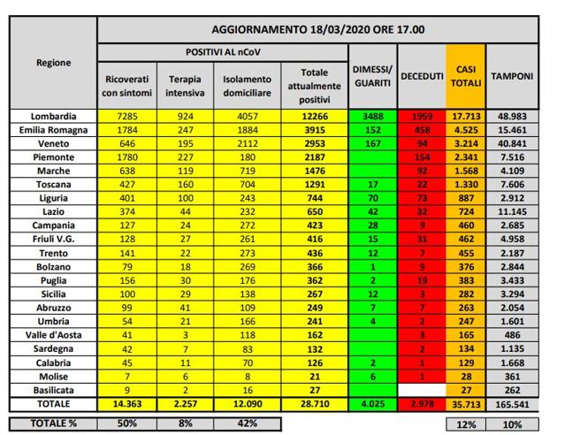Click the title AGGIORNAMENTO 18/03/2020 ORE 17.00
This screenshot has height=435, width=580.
(317, 29)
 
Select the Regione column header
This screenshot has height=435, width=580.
(54, 63)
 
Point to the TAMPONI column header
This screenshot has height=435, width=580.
(512, 76)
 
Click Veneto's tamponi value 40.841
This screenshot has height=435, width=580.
(512, 142)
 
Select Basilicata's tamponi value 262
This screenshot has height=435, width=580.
(512, 389)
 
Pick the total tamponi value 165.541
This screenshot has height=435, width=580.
(512, 402)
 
